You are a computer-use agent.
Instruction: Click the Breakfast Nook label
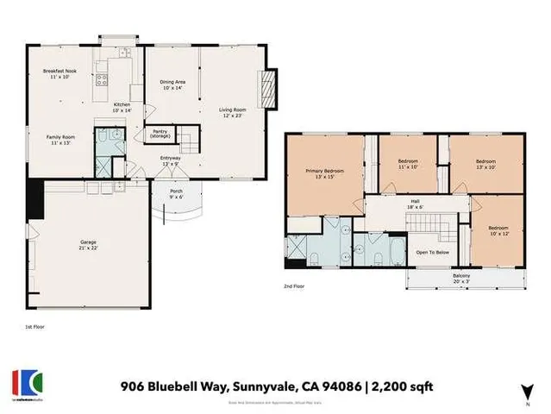click(x=59, y=73)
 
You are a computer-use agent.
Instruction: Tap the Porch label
click(x=176, y=193)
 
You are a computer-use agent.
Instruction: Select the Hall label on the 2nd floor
click(x=414, y=204)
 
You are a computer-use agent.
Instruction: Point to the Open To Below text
click(x=433, y=253)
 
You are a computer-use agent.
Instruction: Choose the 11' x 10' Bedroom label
click(x=408, y=164)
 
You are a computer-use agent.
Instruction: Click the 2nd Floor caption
click(x=294, y=285)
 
